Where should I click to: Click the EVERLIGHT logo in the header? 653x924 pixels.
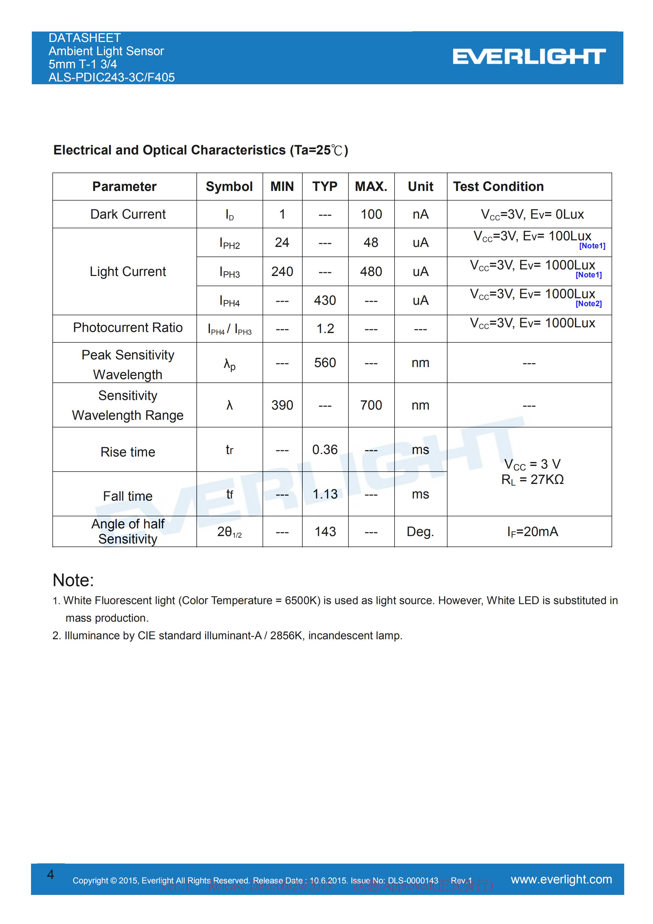coord(529,57)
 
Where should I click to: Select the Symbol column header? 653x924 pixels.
coord(229,187)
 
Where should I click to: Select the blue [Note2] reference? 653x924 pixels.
coord(588,304)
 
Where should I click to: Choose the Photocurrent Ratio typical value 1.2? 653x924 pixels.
coord(325,329)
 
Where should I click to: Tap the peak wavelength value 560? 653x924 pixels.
coord(325,363)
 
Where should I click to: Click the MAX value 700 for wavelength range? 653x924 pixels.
coord(371,405)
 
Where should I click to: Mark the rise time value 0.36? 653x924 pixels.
coord(325,450)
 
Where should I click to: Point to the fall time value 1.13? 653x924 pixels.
coord(325,494)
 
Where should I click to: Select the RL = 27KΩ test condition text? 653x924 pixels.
coord(532,480)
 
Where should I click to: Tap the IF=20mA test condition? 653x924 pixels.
coord(532,532)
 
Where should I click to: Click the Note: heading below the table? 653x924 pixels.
coord(73,580)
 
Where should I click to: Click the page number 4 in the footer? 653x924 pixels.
coord(50,875)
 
